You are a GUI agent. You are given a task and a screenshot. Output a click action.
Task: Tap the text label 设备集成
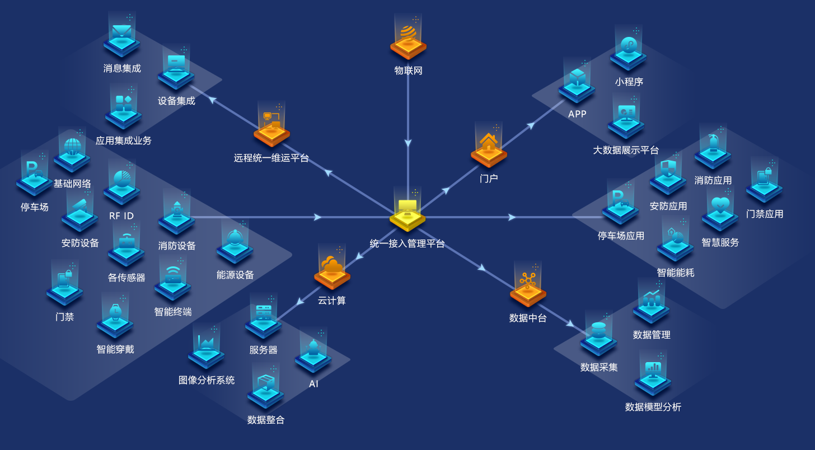point(176,101)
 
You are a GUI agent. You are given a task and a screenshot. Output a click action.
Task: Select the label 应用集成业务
point(123,140)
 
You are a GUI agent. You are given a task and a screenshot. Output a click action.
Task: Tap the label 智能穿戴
point(115,349)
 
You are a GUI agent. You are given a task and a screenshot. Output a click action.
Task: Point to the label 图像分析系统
point(207,380)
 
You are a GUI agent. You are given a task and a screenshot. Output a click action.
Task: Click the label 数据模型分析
point(653,407)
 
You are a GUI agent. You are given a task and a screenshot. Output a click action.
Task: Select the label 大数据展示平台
point(626,150)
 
